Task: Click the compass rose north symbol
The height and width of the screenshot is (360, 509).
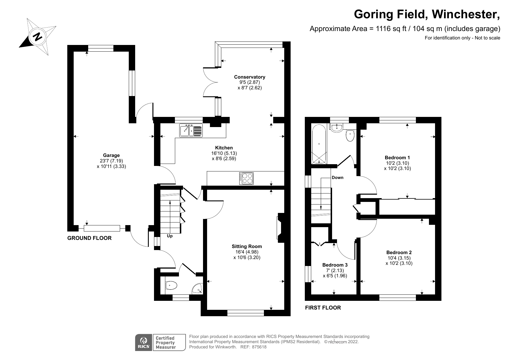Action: (x=37, y=37)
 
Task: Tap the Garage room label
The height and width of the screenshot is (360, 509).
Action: (x=111, y=155)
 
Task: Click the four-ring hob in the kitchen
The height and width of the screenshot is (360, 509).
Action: (x=246, y=178)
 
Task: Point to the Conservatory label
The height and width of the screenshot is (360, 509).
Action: (x=249, y=77)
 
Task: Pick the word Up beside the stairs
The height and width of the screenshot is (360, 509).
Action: (x=170, y=236)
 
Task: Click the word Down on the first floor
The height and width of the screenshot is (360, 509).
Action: (x=337, y=178)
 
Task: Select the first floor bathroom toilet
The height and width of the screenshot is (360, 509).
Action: (x=350, y=135)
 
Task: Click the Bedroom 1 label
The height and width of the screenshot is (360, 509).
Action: (x=397, y=158)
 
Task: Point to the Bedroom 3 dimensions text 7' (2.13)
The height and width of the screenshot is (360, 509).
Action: (x=335, y=270)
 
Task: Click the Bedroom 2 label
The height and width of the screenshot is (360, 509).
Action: (x=399, y=252)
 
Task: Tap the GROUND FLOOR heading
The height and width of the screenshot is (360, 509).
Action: (x=89, y=238)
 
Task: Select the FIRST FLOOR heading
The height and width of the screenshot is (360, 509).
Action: (x=323, y=308)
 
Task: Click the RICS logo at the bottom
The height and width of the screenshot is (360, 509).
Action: (x=144, y=343)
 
